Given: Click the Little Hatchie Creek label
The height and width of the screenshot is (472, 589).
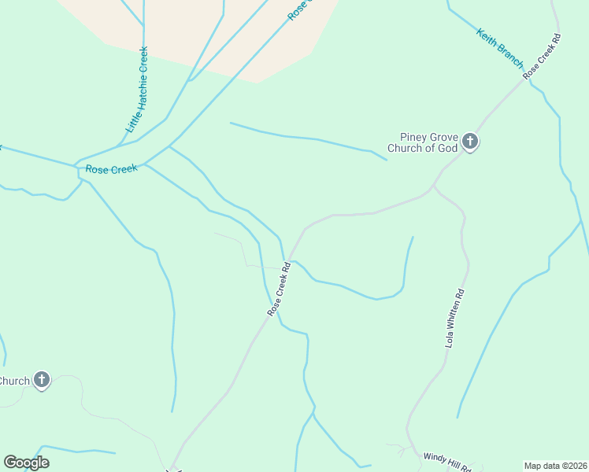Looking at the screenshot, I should pyautogui.click(x=137, y=89).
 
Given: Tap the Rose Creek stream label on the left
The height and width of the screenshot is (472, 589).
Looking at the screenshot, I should pyautogui.click(x=111, y=169).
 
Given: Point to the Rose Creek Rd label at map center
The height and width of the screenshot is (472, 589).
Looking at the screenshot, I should pyautogui.click(x=279, y=289).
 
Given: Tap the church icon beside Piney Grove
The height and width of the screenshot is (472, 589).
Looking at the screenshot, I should pyautogui.click(x=470, y=142).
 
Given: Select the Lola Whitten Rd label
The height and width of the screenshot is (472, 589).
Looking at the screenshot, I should pyautogui.click(x=455, y=318).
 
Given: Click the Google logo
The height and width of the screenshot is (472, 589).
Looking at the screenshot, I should pyautogui.click(x=26, y=463).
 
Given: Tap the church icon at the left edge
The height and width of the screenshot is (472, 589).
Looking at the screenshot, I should pyautogui.click(x=42, y=381).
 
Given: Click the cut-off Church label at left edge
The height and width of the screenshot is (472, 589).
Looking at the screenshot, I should pyautogui.click(x=14, y=381).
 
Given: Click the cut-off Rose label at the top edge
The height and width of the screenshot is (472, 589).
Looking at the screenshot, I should pyautogui.click(x=298, y=10).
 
